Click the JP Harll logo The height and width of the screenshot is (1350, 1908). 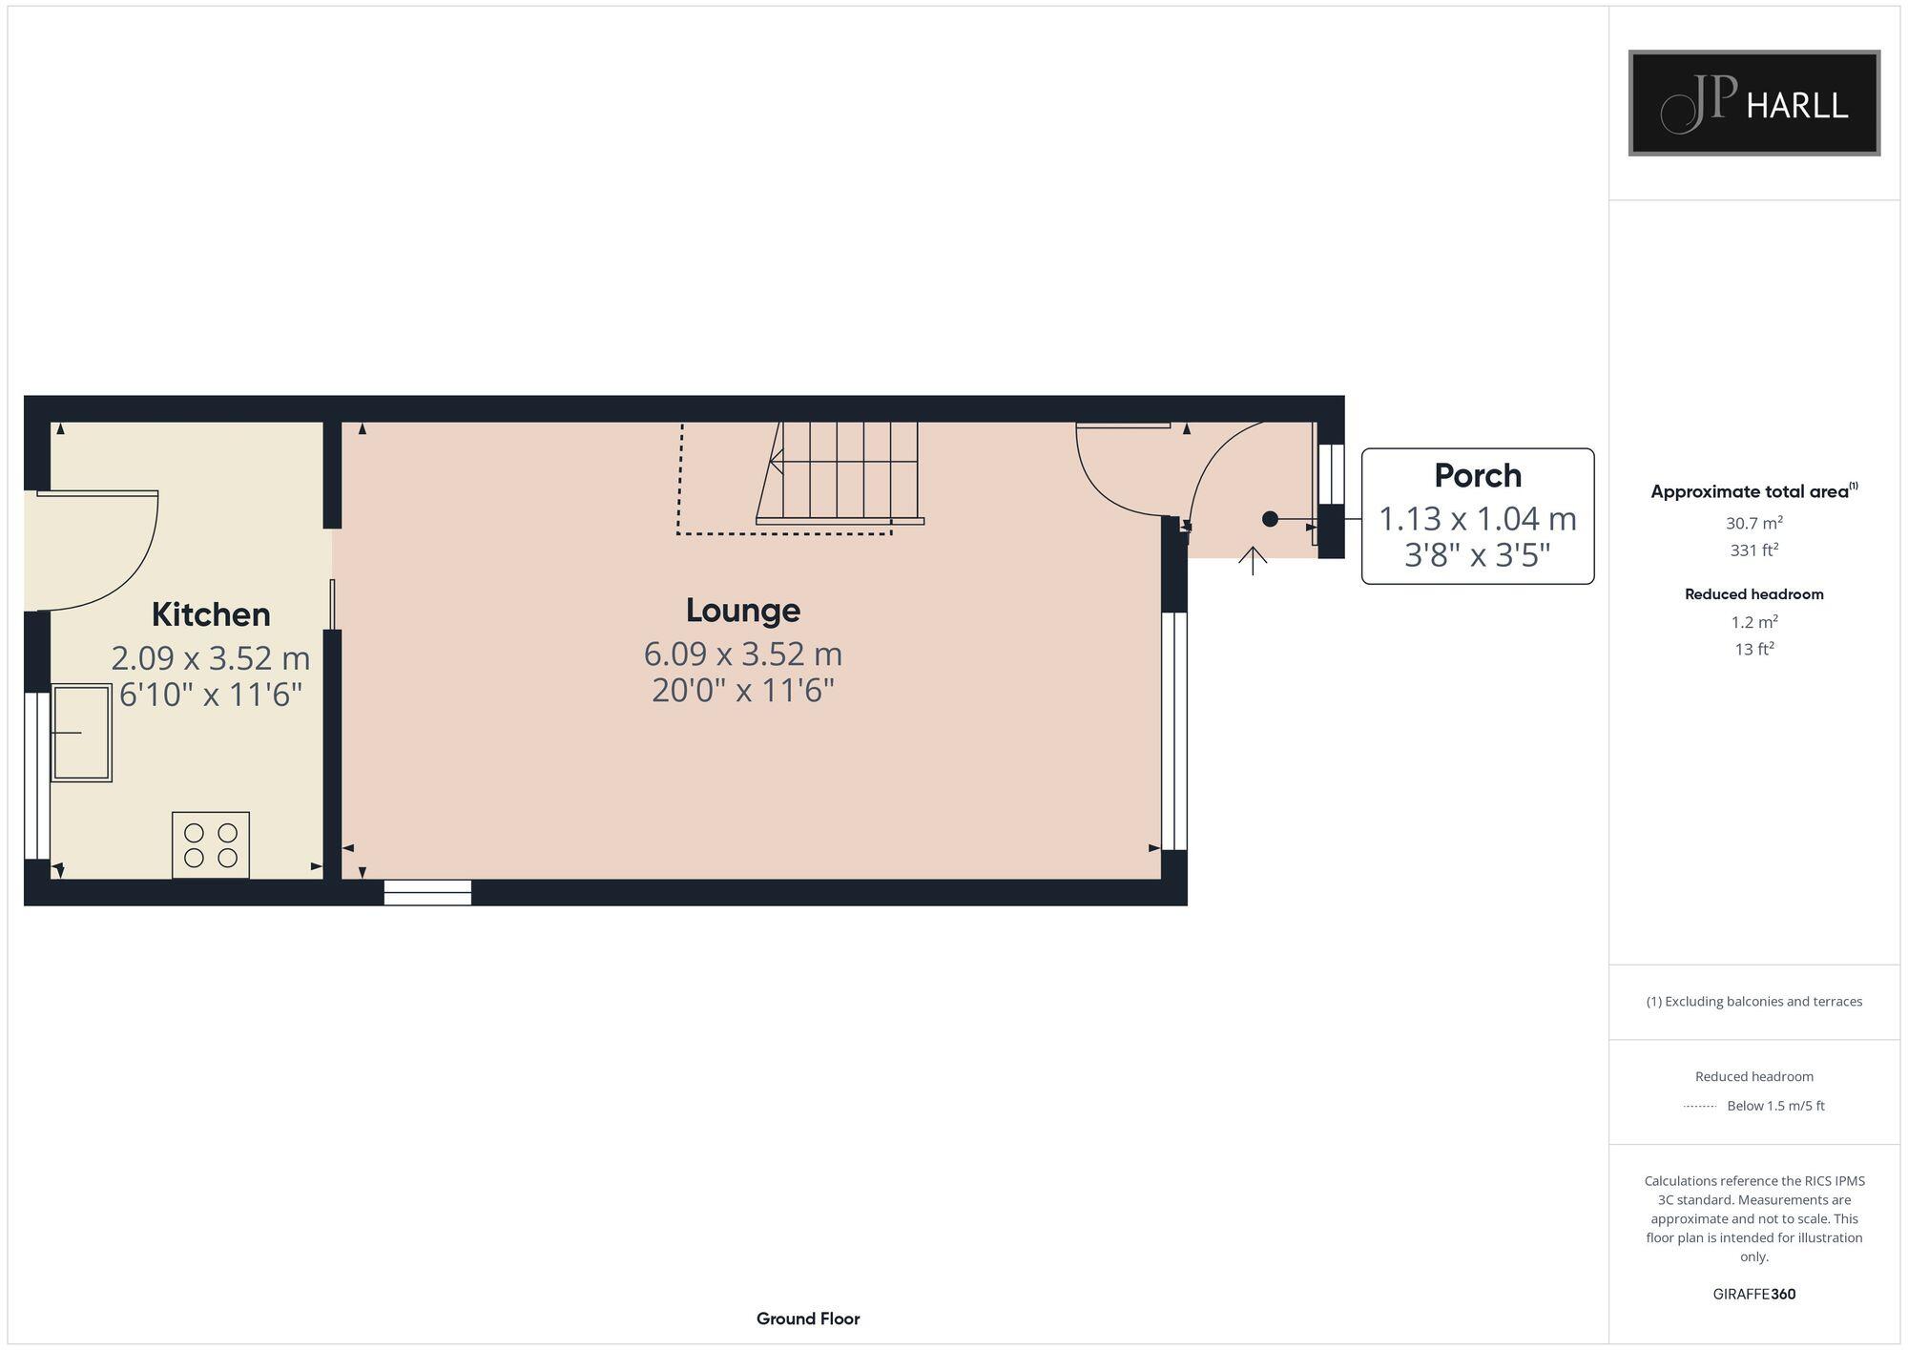[1753, 103]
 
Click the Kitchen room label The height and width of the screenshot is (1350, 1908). [211, 614]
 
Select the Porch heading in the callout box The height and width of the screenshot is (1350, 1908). [1478, 475]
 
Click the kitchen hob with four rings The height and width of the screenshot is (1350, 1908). [211, 845]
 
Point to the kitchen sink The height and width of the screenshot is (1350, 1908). [82, 733]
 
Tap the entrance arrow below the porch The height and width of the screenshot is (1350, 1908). [1253, 560]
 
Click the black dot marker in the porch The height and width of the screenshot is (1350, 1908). [1270, 519]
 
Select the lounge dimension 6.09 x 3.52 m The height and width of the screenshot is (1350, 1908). [743, 654]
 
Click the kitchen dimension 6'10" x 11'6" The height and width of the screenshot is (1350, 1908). [211, 695]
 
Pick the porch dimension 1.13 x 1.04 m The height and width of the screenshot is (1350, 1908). [1478, 519]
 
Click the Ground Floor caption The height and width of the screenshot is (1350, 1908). [808, 1319]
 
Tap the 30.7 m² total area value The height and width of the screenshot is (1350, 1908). [1753, 523]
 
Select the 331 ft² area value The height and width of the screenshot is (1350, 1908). [1753, 550]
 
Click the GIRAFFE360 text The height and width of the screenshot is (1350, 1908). [1753, 1295]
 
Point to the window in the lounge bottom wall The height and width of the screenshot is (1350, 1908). [427, 892]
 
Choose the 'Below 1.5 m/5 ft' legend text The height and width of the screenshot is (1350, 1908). [1775, 1106]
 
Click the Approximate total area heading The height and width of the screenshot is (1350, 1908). [1750, 492]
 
